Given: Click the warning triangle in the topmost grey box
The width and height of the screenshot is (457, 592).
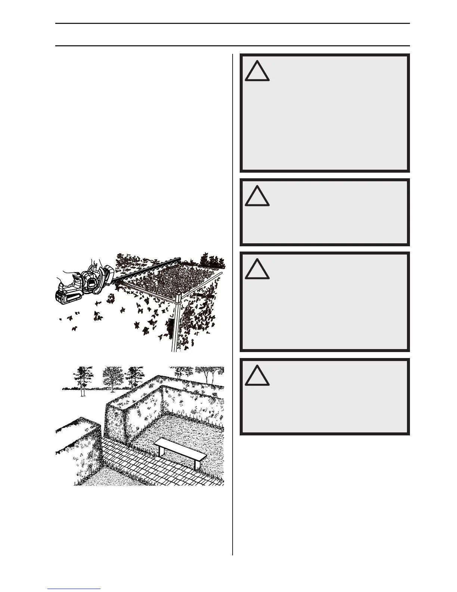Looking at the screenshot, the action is coord(257,71).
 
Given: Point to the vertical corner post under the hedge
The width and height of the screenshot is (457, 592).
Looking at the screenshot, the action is coord(175,321).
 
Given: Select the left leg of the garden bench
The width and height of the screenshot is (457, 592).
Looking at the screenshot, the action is coord(159,451).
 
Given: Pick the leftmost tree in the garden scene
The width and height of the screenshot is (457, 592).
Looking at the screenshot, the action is coord(81,379).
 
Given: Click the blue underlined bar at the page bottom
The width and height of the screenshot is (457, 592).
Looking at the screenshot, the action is coord(74,589).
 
